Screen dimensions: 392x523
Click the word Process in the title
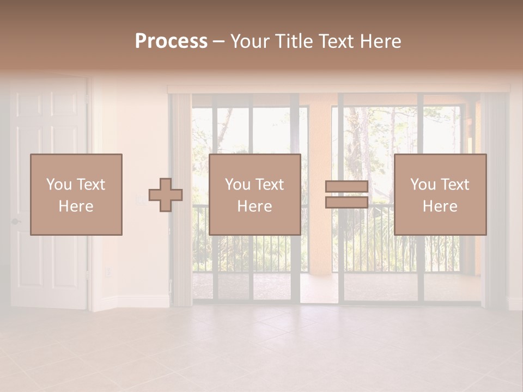(171, 41)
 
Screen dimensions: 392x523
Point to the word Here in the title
(380, 41)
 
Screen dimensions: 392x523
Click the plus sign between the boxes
(166, 195)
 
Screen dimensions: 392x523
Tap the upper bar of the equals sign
(346, 187)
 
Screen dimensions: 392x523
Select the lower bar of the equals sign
(346, 202)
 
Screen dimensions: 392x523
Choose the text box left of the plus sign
(76, 194)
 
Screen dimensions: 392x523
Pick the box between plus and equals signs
(255, 194)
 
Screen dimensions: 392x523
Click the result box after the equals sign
(440, 194)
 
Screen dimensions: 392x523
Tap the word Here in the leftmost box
(76, 206)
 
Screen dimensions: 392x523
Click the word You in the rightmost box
(423, 185)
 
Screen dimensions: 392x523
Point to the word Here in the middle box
(254, 206)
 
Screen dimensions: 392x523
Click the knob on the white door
(15, 221)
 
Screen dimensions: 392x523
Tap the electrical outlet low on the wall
(107, 271)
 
